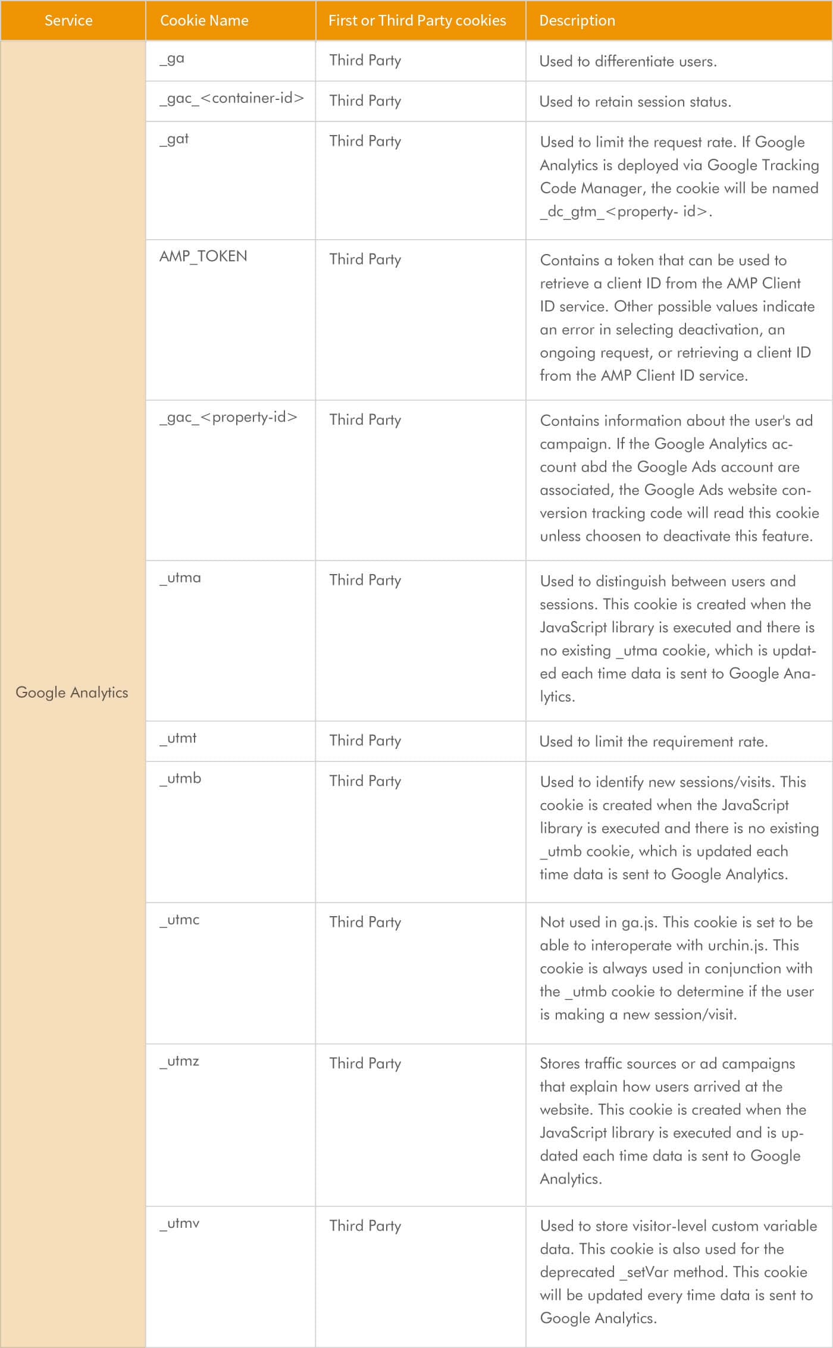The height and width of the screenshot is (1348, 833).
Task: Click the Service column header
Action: [68, 20]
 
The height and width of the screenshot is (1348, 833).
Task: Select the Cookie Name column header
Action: [204, 20]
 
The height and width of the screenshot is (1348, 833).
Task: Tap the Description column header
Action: [577, 20]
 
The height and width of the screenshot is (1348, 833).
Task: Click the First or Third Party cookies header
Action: [416, 20]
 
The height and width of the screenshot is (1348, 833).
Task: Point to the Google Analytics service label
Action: [72, 692]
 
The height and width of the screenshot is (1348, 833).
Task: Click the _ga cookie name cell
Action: [172, 59]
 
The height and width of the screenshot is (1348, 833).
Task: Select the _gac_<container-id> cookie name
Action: [231, 98]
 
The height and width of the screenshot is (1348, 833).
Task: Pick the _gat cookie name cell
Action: [174, 139]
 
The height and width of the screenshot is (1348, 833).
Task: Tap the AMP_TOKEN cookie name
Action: [203, 256]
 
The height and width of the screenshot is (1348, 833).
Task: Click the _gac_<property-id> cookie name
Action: [228, 417]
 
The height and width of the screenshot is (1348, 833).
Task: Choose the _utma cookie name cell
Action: [180, 578]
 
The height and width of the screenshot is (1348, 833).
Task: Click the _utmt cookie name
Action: [178, 738]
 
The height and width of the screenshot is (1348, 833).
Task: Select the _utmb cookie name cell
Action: [180, 778]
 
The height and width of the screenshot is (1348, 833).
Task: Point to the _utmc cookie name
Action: [179, 920]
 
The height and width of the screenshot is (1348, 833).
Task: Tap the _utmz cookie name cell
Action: [179, 1061]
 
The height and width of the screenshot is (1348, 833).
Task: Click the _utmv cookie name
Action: [179, 1224]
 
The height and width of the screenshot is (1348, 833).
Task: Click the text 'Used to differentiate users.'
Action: [628, 61]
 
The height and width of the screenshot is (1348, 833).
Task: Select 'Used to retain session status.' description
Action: [635, 102]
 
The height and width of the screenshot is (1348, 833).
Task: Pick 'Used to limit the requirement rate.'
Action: [653, 742]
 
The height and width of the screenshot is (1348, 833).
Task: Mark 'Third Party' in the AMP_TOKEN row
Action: [365, 259]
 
